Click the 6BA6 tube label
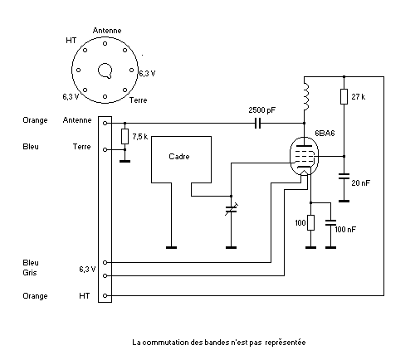(325, 134)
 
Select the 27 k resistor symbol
(344, 96)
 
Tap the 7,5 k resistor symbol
(125, 136)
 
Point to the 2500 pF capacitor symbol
(257, 123)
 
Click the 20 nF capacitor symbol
(344, 176)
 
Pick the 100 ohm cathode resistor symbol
(310, 222)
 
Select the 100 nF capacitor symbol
(330, 222)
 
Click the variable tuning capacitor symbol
(231, 209)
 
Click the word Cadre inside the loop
(179, 157)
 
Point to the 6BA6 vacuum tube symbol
(304, 156)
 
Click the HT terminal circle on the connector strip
(105, 295)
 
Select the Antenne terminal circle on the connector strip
(105, 123)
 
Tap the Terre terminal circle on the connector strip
(105, 149)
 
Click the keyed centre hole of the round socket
(105, 71)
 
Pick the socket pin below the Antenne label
(105, 43)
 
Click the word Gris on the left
(30, 273)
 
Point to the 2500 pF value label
(262, 110)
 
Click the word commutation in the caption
(165, 343)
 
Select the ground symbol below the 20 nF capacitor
(344, 201)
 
